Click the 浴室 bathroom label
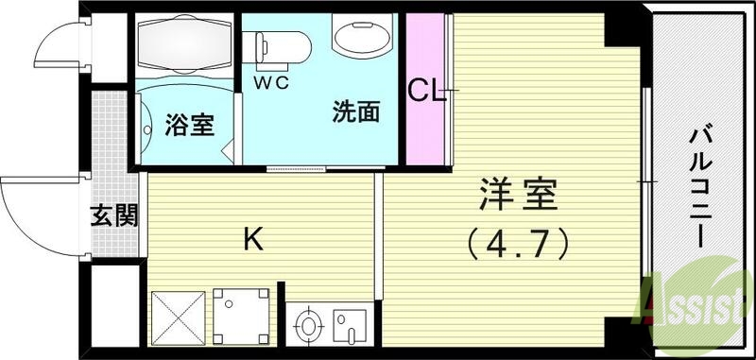190,124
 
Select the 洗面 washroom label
355,113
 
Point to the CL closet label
427,91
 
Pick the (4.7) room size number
517,246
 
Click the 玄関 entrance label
115,215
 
